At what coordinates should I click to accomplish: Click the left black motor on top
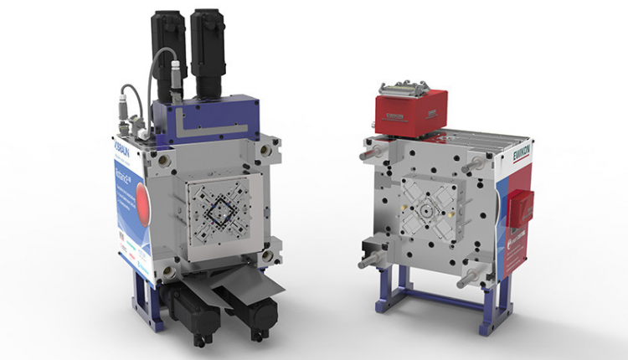171,42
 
